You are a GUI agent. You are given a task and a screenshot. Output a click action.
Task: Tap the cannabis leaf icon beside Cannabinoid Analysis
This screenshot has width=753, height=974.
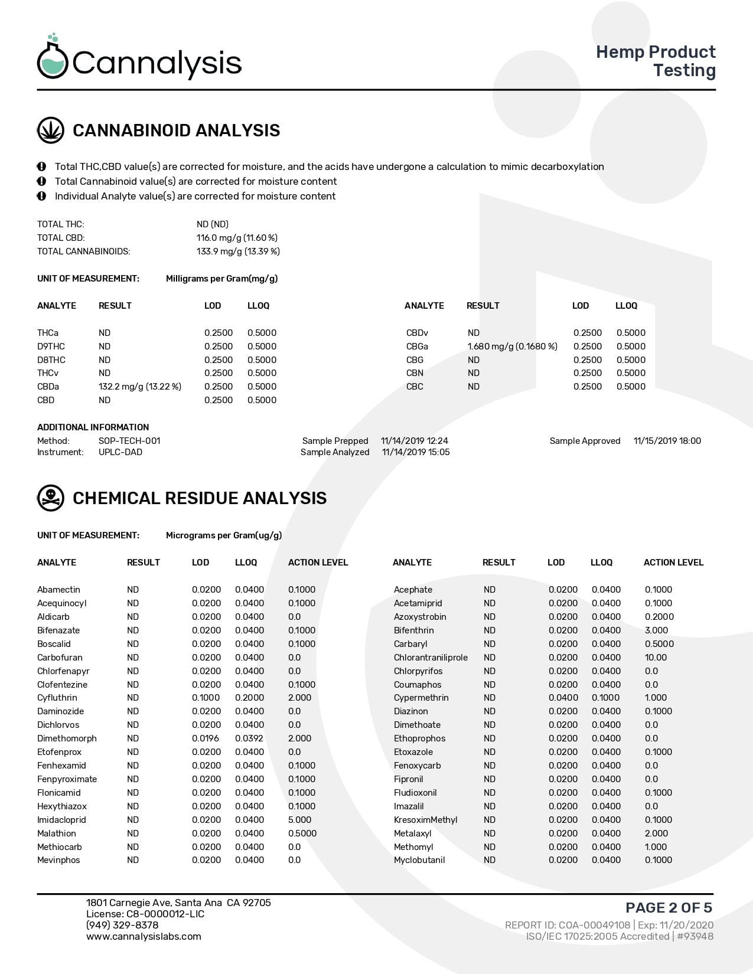(51, 130)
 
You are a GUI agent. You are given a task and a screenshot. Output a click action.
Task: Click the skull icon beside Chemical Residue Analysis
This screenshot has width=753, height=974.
(51, 498)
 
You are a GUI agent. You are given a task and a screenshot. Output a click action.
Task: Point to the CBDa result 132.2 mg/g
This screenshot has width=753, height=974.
(140, 387)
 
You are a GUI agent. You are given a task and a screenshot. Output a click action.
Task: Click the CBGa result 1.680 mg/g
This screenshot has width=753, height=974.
(512, 347)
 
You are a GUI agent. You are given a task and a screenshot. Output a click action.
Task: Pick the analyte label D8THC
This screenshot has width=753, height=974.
(51, 360)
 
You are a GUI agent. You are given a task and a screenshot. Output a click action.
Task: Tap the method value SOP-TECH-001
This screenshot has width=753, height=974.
(129, 441)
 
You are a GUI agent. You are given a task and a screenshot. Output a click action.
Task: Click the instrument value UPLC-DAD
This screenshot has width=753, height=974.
(120, 452)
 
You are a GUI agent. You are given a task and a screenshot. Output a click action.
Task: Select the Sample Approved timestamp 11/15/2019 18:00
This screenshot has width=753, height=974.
(667, 441)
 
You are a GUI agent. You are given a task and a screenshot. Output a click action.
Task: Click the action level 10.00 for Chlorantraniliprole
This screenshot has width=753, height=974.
(656, 658)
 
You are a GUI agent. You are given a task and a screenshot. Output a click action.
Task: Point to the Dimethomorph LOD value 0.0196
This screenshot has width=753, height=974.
(206, 738)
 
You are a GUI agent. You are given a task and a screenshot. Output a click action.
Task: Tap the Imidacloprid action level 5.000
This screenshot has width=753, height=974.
(299, 820)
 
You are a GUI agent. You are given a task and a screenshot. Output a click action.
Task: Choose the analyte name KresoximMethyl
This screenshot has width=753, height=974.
(425, 820)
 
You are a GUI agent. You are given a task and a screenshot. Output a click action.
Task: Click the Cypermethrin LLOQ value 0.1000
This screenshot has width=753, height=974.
(606, 698)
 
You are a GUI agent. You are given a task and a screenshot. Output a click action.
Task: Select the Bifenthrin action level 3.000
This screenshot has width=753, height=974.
(656, 630)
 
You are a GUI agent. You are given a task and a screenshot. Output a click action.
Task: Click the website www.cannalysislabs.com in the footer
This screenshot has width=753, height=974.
(144, 937)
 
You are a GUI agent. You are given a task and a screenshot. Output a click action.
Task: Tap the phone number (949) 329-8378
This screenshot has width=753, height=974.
(122, 925)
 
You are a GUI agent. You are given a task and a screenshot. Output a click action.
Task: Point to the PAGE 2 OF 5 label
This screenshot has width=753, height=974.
(669, 908)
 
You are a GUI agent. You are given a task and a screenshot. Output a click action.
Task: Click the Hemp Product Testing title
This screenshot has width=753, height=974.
(656, 61)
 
